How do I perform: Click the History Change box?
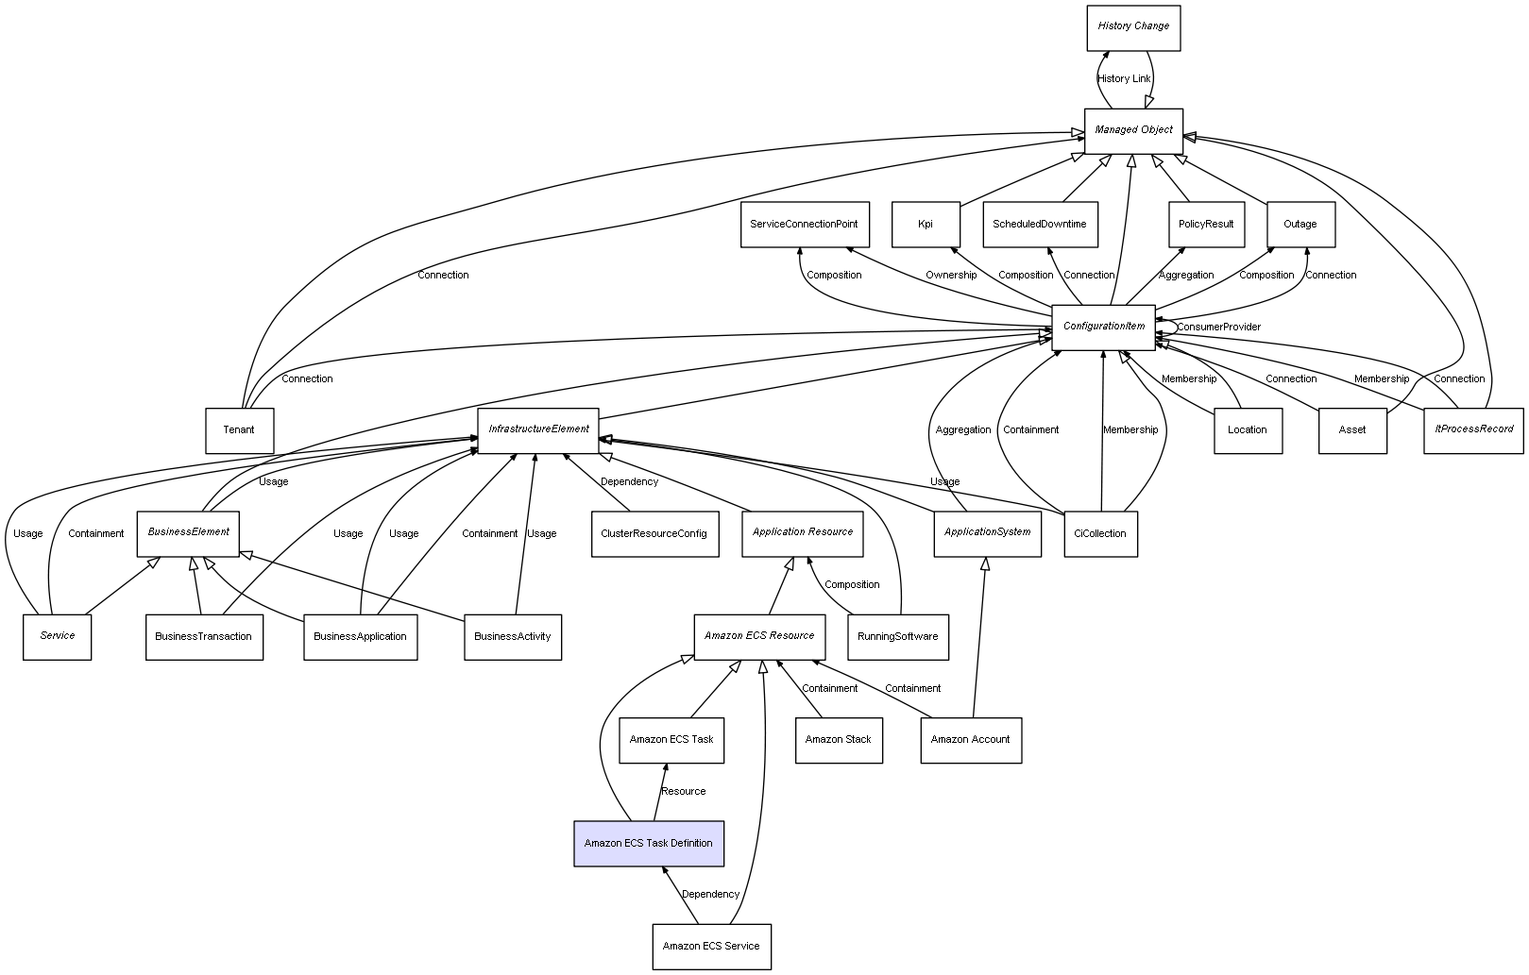pyautogui.click(x=1132, y=26)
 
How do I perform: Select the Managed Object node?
pyautogui.click(x=1133, y=130)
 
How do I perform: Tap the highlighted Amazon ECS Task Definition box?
pyautogui.click(x=649, y=843)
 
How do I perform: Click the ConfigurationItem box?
pyautogui.click(x=1103, y=327)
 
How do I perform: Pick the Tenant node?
pyautogui.click(x=239, y=430)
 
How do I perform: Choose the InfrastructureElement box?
pyautogui.click(x=538, y=429)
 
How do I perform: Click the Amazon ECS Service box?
pyautogui.click(x=711, y=946)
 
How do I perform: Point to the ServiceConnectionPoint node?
pyautogui.click(x=804, y=225)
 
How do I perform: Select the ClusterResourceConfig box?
pyautogui.click(x=654, y=533)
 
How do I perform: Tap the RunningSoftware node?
pyautogui.click(x=897, y=636)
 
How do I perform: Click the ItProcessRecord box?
pyautogui.click(x=1473, y=429)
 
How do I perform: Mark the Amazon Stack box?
pyautogui.click(x=838, y=740)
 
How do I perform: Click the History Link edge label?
pyautogui.click(x=1124, y=79)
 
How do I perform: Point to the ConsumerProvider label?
pyautogui.click(x=1218, y=328)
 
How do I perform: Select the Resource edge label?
pyautogui.click(x=683, y=792)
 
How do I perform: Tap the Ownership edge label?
pyautogui.click(x=951, y=276)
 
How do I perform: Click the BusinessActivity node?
pyautogui.click(x=512, y=636)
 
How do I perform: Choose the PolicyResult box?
pyautogui.click(x=1206, y=225)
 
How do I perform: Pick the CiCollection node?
pyautogui.click(x=1100, y=533)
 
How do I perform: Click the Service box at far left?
pyautogui.click(x=58, y=636)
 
